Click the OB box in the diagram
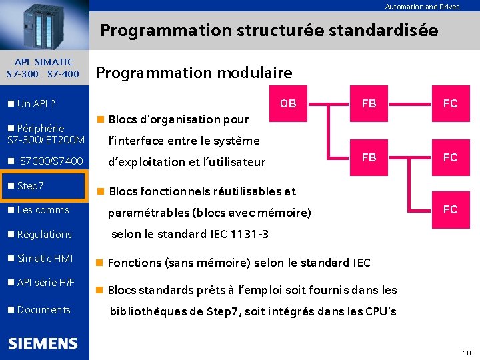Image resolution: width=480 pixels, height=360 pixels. pos(288,103)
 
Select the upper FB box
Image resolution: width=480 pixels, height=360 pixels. pos(369,103)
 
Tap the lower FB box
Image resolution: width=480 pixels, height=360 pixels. pos(369,157)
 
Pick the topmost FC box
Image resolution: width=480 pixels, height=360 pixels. pos(451,103)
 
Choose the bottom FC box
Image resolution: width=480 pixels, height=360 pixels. pos(451,209)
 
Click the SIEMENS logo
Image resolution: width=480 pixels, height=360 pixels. pos(43,344)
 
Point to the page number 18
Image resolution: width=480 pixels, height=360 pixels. pos(466,352)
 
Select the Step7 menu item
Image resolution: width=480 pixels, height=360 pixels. pos(31,185)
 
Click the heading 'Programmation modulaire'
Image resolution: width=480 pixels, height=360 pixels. pos(194,73)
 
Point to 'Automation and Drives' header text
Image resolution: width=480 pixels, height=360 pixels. pos(422,7)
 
